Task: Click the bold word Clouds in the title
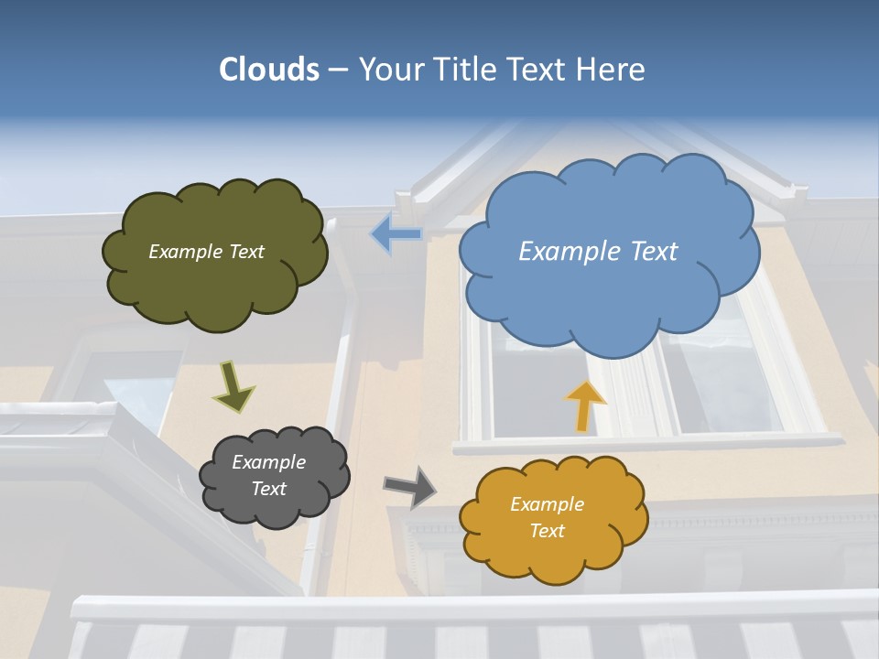269,69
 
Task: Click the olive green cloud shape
215,284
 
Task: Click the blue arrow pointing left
396,234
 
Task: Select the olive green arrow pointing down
233,386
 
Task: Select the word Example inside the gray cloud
268,462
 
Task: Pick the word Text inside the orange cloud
547,531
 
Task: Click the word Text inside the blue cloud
652,251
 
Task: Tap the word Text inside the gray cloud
268,489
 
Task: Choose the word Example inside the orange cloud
547,504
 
